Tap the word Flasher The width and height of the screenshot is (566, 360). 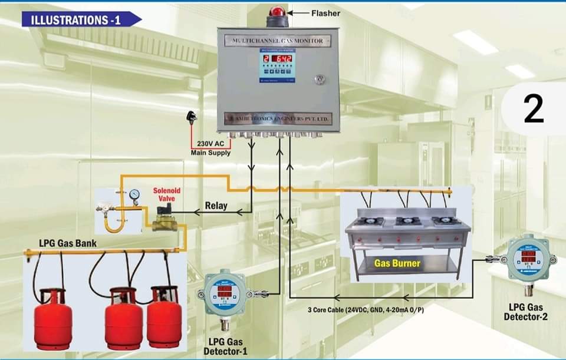(x=325, y=13)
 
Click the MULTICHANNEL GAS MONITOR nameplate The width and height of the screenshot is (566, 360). (x=277, y=41)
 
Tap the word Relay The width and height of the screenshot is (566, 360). (x=216, y=206)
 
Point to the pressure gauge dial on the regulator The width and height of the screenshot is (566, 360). (x=134, y=194)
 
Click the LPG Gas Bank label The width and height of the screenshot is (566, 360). (x=68, y=243)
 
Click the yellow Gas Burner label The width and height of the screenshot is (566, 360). (x=397, y=263)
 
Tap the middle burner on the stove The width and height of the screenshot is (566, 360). (x=407, y=222)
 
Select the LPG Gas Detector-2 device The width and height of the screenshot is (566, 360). (x=529, y=259)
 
